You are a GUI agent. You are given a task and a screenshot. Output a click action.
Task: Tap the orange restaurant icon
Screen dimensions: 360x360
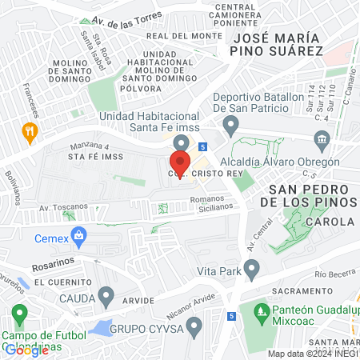point(30,131)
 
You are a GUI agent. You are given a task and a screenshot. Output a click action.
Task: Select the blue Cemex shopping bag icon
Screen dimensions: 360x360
point(78,235)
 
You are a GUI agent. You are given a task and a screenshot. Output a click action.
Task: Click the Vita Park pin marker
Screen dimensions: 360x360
point(252,271)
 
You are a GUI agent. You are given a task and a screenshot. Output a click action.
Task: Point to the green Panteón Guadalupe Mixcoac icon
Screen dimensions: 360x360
point(260,310)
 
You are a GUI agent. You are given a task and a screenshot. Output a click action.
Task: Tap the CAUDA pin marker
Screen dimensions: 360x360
point(106,297)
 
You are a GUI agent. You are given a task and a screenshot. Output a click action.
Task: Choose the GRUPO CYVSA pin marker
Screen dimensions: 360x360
point(193,326)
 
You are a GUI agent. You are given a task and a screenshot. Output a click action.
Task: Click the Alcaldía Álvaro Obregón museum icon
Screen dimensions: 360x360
point(322,141)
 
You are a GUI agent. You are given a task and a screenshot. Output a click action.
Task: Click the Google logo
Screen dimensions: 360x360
point(26,349)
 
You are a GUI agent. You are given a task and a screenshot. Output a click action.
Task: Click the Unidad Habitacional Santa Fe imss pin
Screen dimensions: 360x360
point(181,143)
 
